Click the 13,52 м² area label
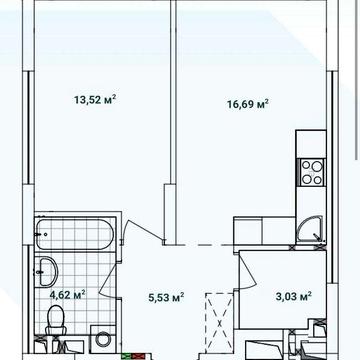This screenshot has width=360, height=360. (95, 99)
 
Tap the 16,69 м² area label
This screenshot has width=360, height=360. (248, 104)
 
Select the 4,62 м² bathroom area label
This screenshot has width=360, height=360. (67, 294)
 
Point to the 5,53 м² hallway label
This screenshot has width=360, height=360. (166, 297)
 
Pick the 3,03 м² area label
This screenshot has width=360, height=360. (294, 296)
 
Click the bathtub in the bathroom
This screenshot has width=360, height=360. (75, 234)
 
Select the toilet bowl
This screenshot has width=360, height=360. (56, 320)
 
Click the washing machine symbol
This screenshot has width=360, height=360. (103, 339)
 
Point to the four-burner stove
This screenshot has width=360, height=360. (312, 172)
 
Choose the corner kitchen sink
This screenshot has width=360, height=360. (310, 229)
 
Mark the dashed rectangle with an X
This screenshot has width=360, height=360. (219, 322)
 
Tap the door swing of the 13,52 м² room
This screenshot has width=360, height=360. (142, 231)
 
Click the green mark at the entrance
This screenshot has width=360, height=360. (126, 356)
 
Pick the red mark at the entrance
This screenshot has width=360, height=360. (138, 356)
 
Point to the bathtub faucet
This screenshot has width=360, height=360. (41, 234)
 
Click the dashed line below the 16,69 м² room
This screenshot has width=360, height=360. (204, 245)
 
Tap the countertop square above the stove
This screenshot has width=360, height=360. (311, 144)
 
